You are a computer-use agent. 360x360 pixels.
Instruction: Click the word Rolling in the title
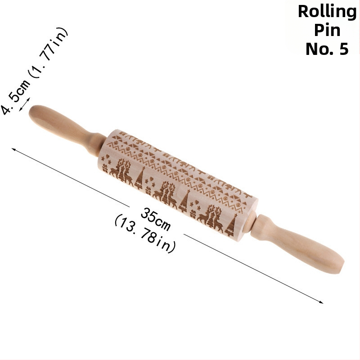click(x=327, y=12)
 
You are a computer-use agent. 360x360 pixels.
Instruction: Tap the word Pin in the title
click(x=327, y=30)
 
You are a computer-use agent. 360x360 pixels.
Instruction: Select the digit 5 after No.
click(x=343, y=49)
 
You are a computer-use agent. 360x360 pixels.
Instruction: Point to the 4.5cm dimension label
click(x=14, y=97)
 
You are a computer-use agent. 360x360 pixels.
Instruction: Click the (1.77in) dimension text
click(x=48, y=53)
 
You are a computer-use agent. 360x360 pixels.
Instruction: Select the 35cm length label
click(x=155, y=219)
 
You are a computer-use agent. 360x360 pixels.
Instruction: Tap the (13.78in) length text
click(x=145, y=234)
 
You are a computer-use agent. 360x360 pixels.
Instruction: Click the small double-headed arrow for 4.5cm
click(x=24, y=104)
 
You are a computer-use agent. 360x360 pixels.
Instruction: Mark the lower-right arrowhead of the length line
click(x=321, y=302)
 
